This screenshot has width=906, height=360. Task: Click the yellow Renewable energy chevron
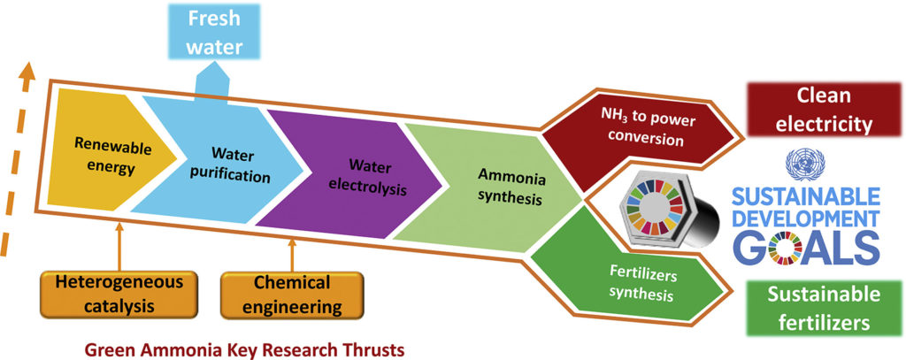click(x=93, y=155)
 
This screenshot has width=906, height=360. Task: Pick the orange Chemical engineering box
click(x=292, y=295)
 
